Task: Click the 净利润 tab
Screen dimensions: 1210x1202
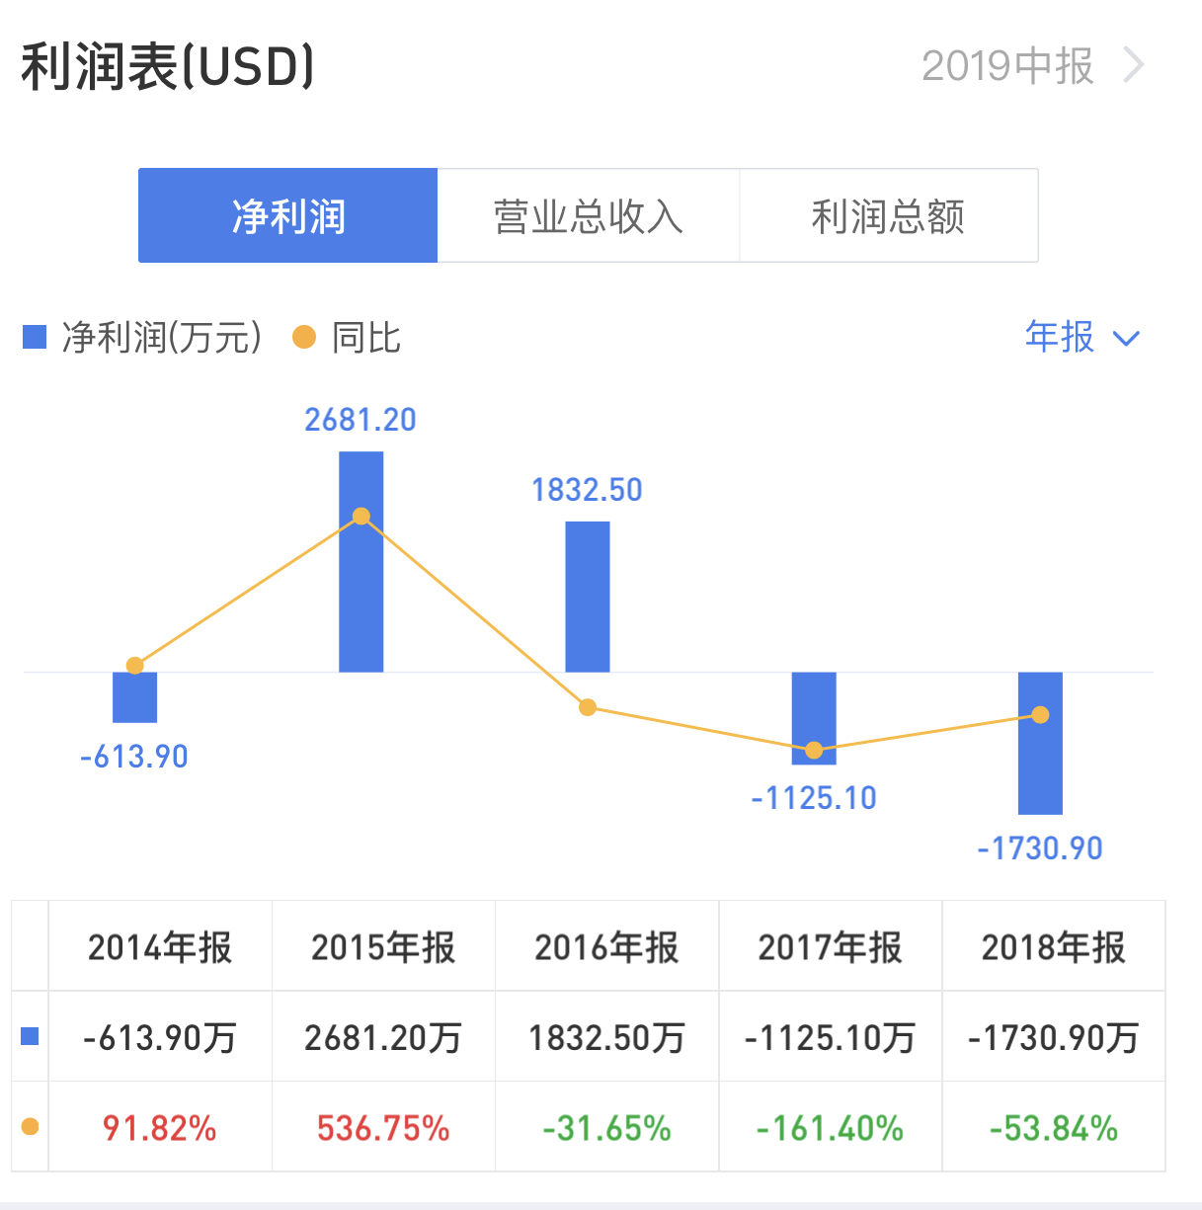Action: click(287, 215)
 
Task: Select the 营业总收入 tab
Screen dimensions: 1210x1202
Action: click(588, 215)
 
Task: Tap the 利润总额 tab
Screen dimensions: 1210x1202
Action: click(888, 215)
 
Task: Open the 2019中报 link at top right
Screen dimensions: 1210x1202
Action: click(1031, 66)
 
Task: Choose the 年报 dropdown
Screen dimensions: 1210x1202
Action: click(1082, 338)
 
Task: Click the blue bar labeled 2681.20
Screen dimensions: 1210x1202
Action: click(361, 593)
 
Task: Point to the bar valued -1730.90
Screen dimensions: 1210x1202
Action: click(1040, 770)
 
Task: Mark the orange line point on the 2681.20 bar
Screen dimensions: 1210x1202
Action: click(361, 517)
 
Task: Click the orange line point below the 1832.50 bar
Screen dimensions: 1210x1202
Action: click(588, 707)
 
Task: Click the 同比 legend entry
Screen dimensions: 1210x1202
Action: click(348, 338)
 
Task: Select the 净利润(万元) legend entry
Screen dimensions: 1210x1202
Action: click(143, 338)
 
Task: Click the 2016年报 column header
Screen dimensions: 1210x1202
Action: click(606, 947)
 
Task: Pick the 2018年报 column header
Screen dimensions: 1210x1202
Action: click(1053, 947)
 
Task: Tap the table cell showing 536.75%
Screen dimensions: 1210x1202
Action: click(383, 1128)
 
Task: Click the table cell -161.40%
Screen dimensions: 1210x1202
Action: click(830, 1128)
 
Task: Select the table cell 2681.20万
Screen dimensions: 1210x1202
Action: click(383, 1037)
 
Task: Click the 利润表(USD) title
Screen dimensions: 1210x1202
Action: click(168, 67)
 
